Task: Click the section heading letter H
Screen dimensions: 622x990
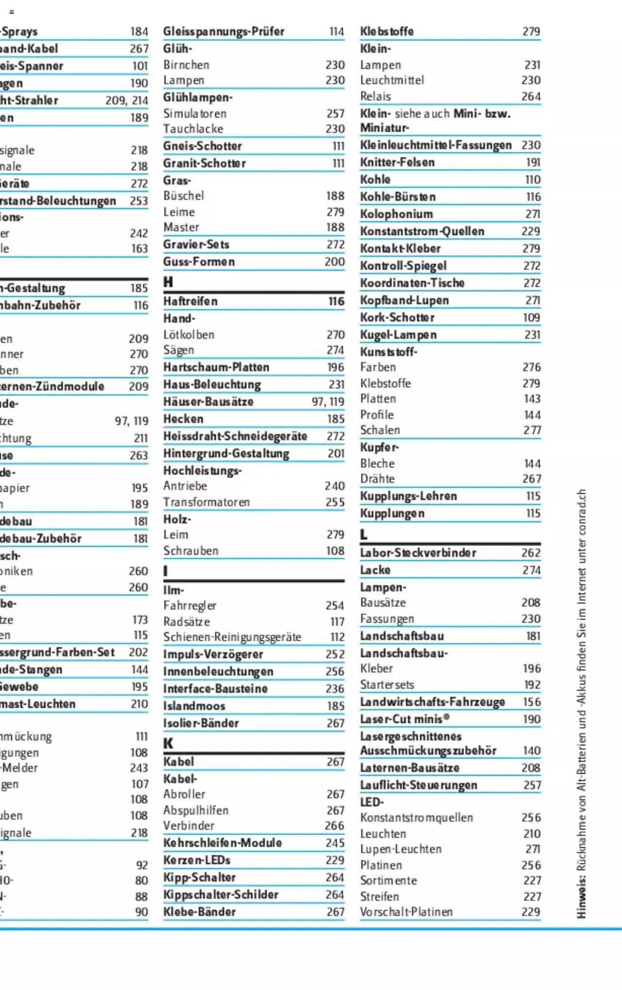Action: pyautogui.click(x=168, y=282)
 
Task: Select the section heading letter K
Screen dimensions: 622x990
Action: pyautogui.click(x=168, y=743)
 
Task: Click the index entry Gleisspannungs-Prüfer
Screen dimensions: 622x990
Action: pyautogui.click(x=224, y=32)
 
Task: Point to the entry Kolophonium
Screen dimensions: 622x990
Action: pyautogui.click(x=396, y=214)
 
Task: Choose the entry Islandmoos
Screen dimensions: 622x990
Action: pyautogui.click(x=194, y=706)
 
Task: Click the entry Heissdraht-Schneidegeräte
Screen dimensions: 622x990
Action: pyautogui.click(x=235, y=436)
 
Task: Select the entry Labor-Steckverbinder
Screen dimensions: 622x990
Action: pyautogui.click(x=418, y=553)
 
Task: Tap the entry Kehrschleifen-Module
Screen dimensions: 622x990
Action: pyautogui.click(x=222, y=843)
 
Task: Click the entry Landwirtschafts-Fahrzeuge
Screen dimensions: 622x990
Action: pyautogui.click(x=432, y=702)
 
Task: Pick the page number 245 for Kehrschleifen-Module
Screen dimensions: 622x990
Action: pyautogui.click(x=335, y=843)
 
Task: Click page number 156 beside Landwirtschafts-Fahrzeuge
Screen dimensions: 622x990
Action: pyautogui.click(x=531, y=702)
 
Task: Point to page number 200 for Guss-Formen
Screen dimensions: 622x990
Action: pyautogui.click(x=334, y=262)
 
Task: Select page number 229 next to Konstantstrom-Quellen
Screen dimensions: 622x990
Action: pyautogui.click(x=531, y=231)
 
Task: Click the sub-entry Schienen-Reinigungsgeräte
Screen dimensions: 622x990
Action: pyautogui.click(x=232, y=637)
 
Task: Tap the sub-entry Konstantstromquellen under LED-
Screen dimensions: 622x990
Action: pyautogui.click(x=416, y=818)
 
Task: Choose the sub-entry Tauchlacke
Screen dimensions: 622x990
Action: pyautogui.click(x=193, y=129)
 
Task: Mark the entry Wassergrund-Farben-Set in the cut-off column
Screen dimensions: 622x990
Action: pyautogui.click(x=57, y=652)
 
